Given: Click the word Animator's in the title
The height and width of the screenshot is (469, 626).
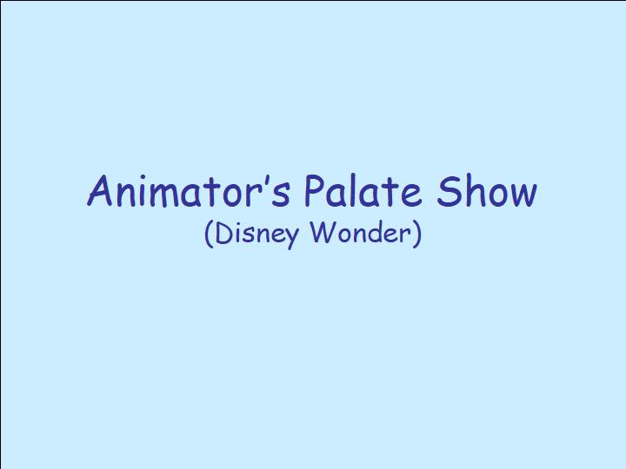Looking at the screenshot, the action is pos(188,190).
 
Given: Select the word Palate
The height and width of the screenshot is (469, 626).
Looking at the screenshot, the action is pos(362,190).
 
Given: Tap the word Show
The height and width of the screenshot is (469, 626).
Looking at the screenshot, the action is pos(487,190).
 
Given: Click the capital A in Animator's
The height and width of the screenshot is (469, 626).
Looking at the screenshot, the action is pos(100,190).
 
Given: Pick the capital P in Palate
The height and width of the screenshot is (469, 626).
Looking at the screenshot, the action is pos(314,190).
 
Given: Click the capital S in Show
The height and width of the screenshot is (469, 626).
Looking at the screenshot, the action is pos(447,190).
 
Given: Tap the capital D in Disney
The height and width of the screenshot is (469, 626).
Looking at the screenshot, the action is pos(224,232).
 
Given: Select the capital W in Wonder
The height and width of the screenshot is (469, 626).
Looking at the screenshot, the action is pos(323,233).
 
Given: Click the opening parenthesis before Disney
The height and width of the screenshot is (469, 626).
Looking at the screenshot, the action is pos(208,234).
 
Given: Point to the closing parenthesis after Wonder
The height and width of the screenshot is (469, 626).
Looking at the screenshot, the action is pos(417,234).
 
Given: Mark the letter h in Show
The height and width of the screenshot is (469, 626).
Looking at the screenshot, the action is pos(471,190).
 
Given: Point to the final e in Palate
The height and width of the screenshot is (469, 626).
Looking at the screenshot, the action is pos(410,196).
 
